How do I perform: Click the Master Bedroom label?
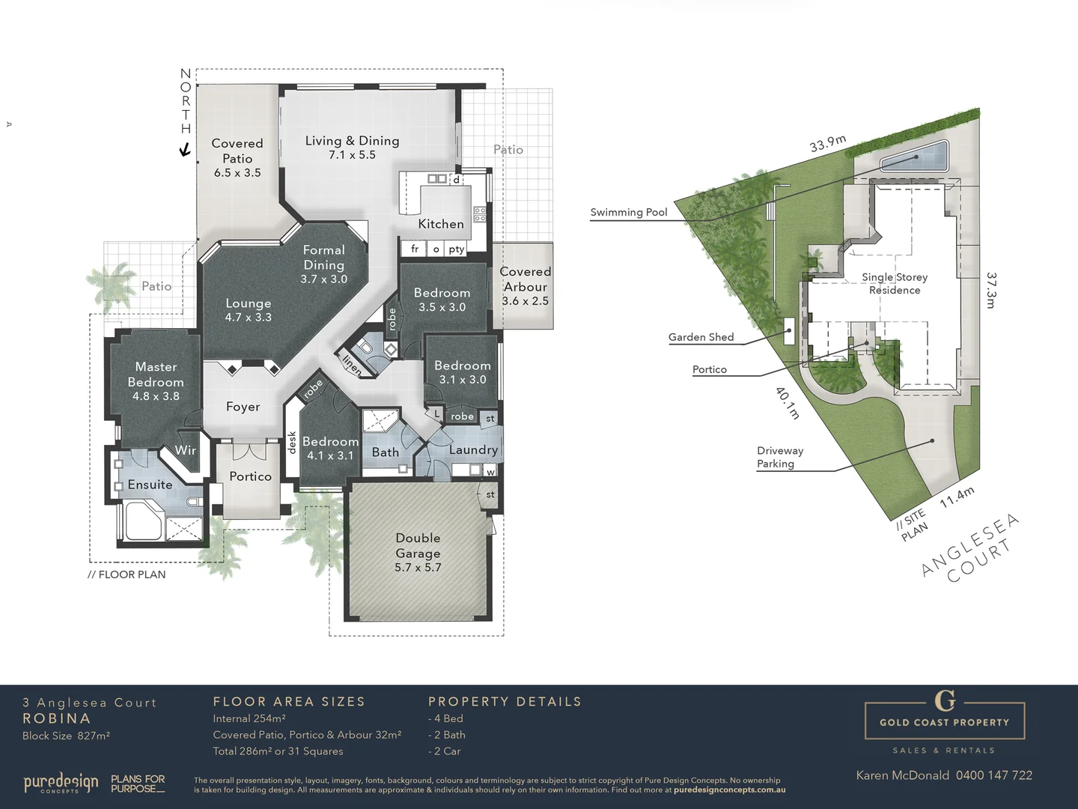[156, 381]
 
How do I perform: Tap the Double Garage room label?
[418, 552]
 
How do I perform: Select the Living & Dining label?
[352, 147]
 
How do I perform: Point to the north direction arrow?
[185, 150]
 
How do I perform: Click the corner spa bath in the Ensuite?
[143, 521]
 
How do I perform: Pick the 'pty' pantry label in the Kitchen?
[456, 249]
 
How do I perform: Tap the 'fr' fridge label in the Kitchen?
[415, 249]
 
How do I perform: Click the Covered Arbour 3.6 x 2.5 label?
[525, 286]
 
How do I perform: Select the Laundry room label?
[473, 449]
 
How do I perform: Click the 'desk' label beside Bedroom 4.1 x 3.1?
[292, 443]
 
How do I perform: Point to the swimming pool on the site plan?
[914, 158]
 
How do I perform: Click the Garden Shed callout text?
[701, 337]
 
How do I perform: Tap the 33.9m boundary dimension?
[828, 143]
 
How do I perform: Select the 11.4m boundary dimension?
[957, 497]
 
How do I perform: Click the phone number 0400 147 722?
[993, 775]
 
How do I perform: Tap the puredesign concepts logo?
[61, 784]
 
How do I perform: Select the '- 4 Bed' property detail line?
[446, 718]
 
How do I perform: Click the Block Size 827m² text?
[66, 736]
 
